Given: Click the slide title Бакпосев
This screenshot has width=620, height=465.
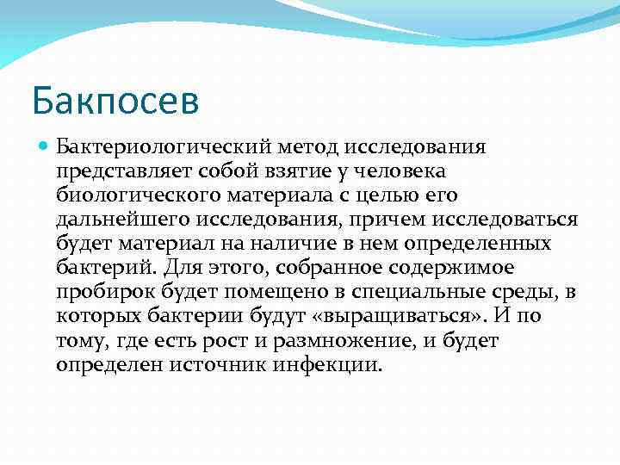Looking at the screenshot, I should pos(115,100).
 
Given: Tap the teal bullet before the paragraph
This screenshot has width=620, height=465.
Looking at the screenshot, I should pos(45,147).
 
